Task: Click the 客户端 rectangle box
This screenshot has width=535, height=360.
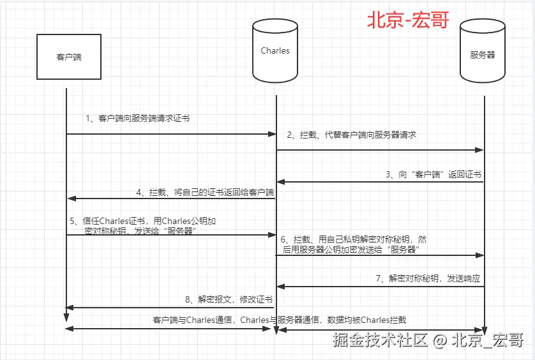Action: (x=68, y=57)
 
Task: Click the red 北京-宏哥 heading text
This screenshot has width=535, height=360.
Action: (x=407, y=20)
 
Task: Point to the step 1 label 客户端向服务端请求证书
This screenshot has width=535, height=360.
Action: (x=137, y=119)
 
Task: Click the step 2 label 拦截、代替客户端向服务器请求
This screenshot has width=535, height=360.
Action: (x=351, y=135)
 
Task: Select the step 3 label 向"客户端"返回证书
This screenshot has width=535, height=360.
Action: (x=433, y=174)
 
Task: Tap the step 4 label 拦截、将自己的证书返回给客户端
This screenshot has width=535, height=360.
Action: (x=204, y=191)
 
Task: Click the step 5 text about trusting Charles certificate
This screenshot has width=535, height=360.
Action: (x=143, y=226)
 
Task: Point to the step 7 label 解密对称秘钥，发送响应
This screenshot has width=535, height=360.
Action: (x=427, y=279)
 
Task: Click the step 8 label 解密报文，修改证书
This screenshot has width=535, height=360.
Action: (x=228, y=299)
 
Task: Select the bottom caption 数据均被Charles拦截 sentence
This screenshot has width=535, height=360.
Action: (x=280, y=320)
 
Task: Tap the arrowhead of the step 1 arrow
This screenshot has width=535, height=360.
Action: (x=272, y=134)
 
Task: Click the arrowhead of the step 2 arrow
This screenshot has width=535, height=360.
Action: (x=480, y=151)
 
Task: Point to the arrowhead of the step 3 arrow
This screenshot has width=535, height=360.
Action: (x=280, y=182)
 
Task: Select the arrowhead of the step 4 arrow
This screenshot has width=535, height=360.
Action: (x=70, y=199)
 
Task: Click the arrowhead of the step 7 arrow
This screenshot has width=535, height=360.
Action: (x=280, y=287)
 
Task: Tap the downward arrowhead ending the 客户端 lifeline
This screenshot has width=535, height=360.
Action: (x=66, y=319)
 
